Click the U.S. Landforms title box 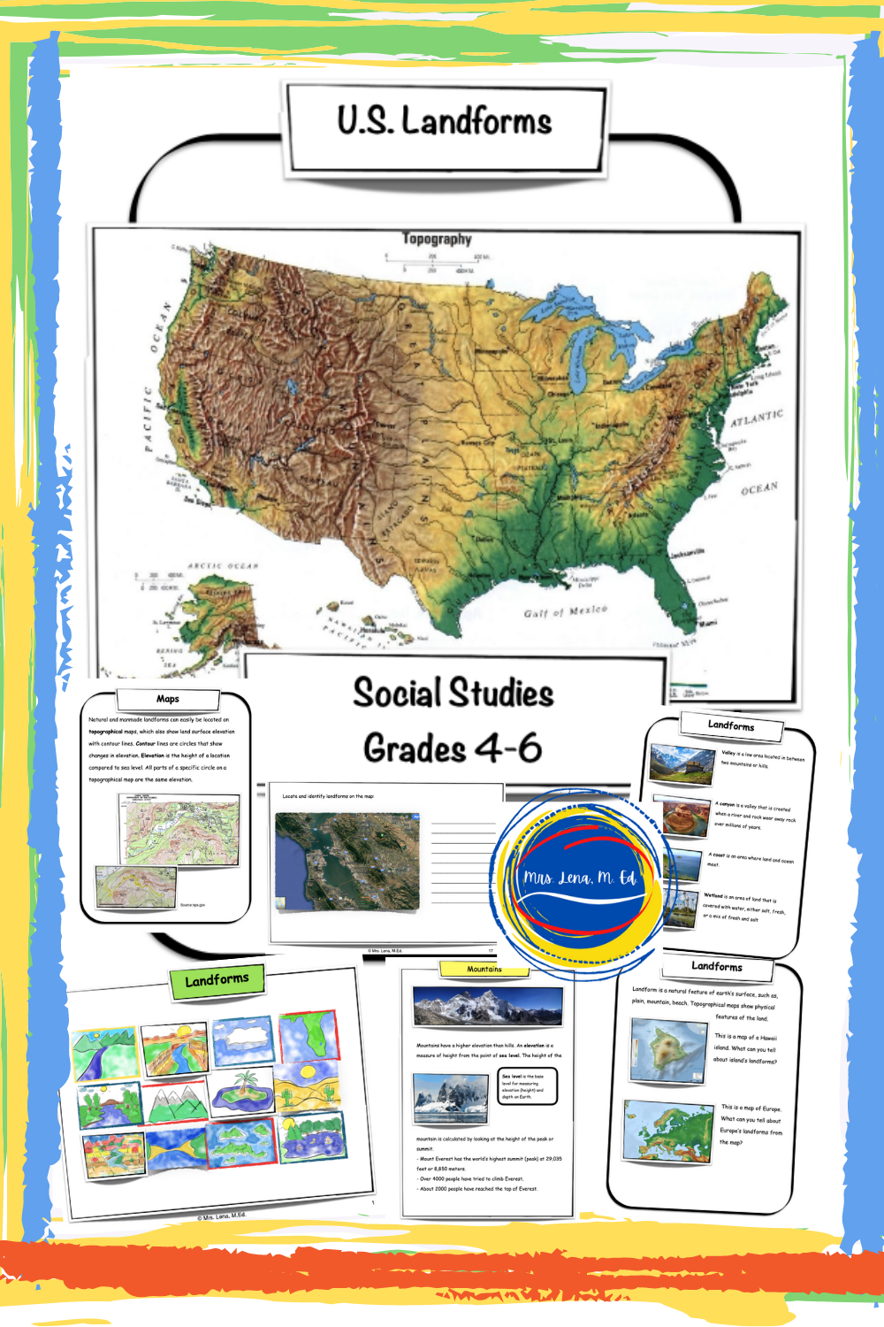[x=445, y=124]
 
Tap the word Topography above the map [x=437, y=239]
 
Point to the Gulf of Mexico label [x=565, y=611]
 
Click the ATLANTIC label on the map [x=757, y=418]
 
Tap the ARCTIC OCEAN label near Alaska [x=223, y=565]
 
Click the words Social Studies [x=453, y=693]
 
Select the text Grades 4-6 [x=453, y=748]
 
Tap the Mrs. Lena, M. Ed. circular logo [x=579, y=877]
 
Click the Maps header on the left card [x=167, y=699]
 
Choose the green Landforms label [x=217, y=980]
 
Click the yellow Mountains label [x=484, y=970]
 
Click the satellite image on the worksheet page [x=347, y=863]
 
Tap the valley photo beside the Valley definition [x=682, y=763]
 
